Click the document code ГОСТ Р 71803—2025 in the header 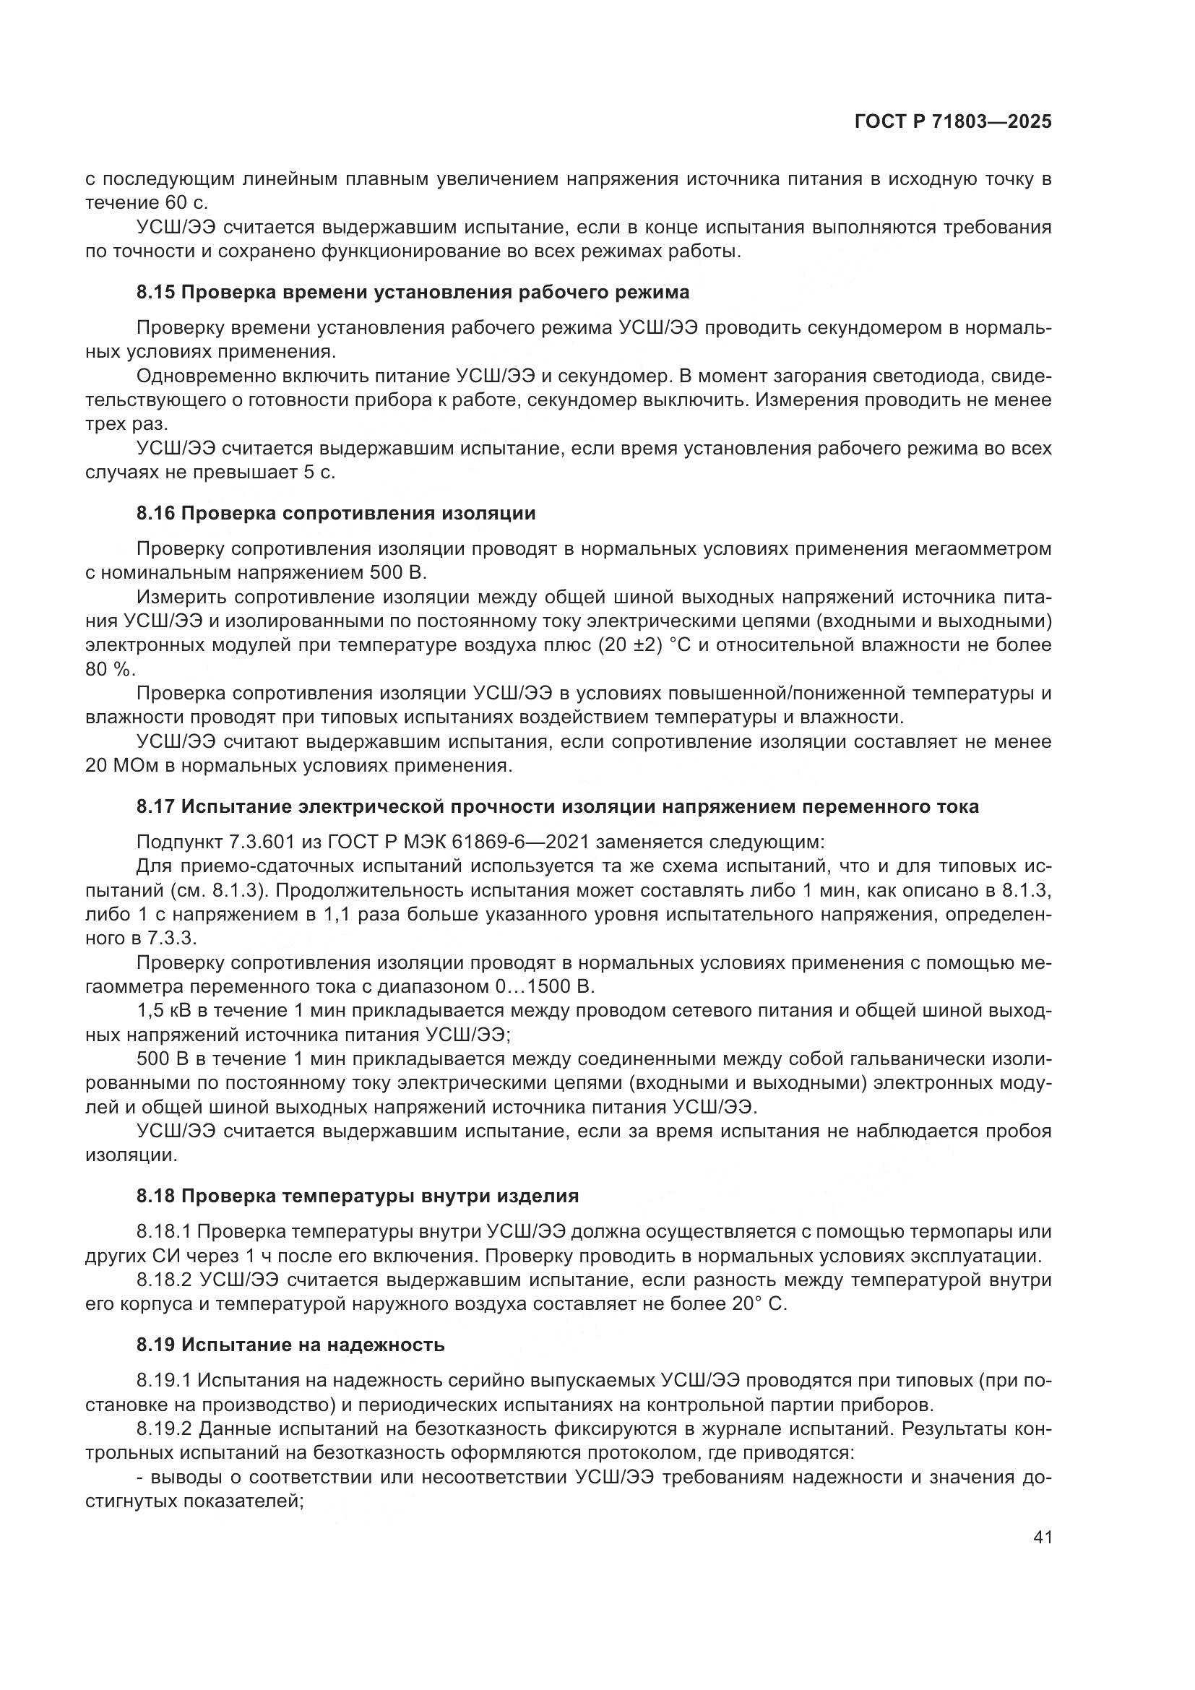tap(952, 122)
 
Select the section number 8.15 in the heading tap(155, 292)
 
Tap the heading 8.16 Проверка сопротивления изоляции tap(335, 513)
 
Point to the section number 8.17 tap(155, 807)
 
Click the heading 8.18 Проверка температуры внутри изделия tap(357, 1196)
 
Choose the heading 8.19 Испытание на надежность tap(290, 1345)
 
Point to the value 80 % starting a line tap(110, 670)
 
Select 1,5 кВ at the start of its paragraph tap(163, 1011)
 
